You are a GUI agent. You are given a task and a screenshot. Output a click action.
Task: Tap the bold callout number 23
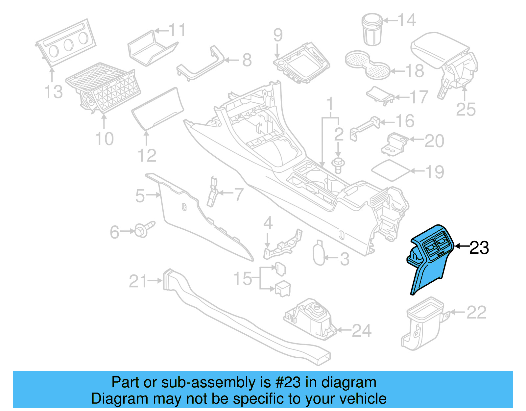click(x=479, y=247)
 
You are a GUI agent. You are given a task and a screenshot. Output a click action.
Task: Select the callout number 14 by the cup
click(x=407, y=20)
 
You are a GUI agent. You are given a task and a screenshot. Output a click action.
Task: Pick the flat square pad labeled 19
click(x=391, y=170)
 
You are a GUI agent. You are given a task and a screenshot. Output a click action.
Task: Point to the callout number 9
click(x=278, y=35)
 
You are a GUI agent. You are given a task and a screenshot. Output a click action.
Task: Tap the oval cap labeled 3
click(x=319, y=253)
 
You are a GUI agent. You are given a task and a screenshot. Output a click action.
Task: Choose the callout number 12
click(x=147, y=156)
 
